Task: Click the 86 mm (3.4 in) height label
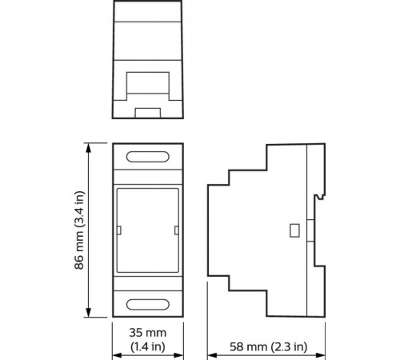point(79,230)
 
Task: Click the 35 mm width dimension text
point(148,333)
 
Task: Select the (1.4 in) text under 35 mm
point(148,346)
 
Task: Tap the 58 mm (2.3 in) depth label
point(269,346)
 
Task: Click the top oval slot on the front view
point(148,157)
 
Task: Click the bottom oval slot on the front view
point(148,305)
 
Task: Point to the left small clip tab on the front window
point(119,230)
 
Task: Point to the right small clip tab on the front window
point(176,230)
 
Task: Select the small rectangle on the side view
point(294,230)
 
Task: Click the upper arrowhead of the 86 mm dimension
point(89,147)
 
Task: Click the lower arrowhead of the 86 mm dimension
point(89,313)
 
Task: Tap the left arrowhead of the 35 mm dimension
point(117,355)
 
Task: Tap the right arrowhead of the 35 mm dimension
point(178,355)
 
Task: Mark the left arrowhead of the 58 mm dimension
point(212,355)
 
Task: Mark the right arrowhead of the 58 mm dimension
point(320,355)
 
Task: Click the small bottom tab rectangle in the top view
point(148,113)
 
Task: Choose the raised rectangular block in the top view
point(148,82)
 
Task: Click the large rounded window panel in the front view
point(148,230)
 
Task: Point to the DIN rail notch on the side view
point(319,197)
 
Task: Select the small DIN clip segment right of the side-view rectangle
point(310,230)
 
